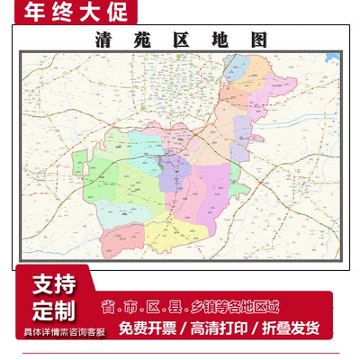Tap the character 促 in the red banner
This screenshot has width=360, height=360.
tap(121, 13)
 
